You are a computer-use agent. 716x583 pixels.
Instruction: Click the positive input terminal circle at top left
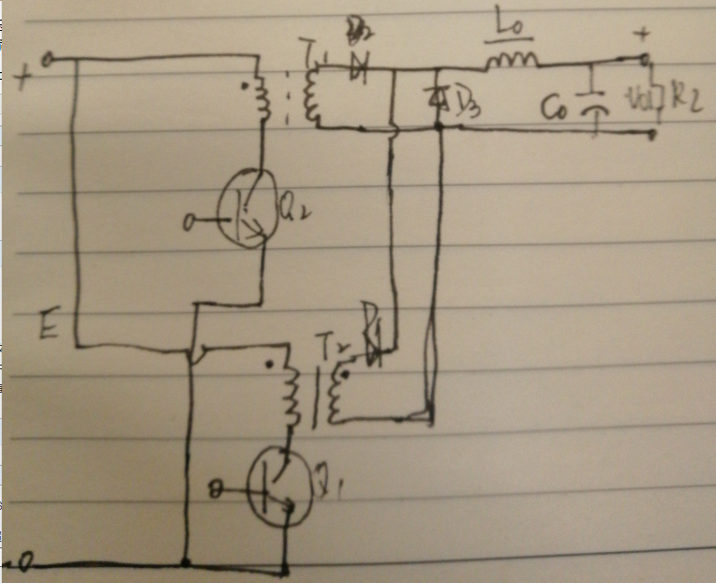(46, 61)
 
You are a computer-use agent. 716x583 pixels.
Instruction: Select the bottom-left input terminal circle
(27, 564)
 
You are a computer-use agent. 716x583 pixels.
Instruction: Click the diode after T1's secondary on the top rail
(357, 66)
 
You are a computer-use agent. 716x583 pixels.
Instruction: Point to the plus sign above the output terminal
(641, 35)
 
